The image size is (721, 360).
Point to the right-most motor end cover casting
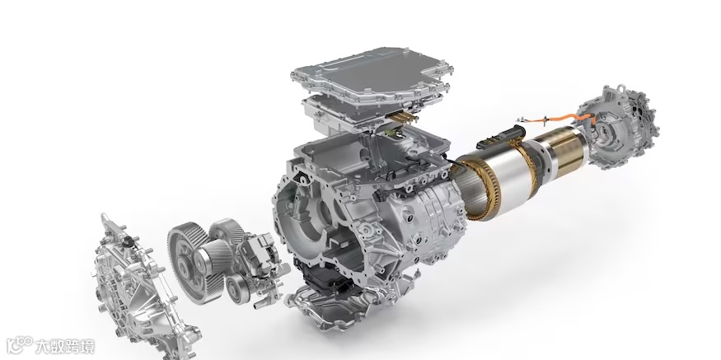click(x=619, y=126)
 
